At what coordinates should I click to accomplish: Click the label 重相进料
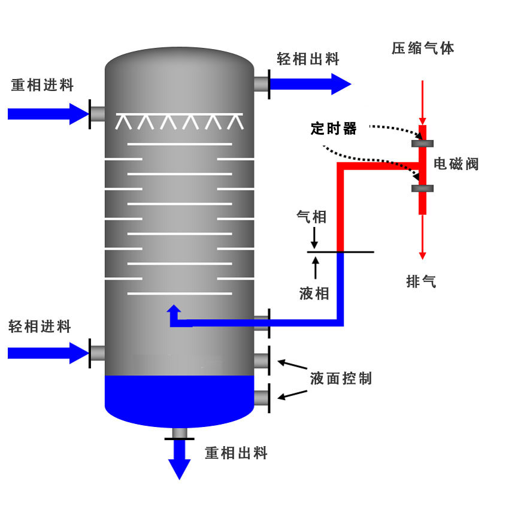click(x=43, y=86)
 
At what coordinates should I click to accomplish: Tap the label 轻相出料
click(x=308, y=59)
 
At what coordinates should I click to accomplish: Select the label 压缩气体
click(x=423, y=49)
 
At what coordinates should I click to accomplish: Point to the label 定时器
click(x=334, y=128)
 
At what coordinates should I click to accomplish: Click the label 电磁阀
click(x=456, y=164)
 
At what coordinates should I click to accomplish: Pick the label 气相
click(x=312, y=217)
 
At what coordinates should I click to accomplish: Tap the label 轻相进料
click(x=40, y=326)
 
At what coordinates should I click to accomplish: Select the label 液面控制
click(x=341, y=378)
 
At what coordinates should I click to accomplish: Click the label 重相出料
click(x=237, y=453)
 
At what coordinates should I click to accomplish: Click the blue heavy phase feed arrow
click(x=48, y=113)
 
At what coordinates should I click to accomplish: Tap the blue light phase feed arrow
click(x=48, y=353)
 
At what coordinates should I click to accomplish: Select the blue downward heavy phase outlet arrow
click(x=179, y=462)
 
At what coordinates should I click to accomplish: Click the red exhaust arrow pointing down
click(x=423, y=237)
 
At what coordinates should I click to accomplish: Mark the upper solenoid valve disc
click(x=423, y=143)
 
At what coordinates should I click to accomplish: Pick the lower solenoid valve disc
click(x=423, y=189)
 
